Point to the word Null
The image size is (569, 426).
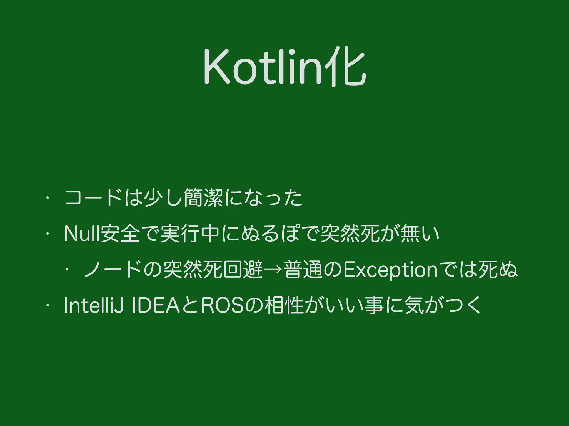pyautogui.click(x=82, y=234)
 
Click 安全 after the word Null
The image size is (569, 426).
pyautogui.click(x=120, y=234)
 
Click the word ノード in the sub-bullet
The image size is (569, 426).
pyautogui.click(x=113, y=269)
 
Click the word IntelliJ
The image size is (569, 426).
pyautogui.click(x=94, y=305)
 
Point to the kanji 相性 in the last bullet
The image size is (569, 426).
pyautogui.click(x=284, y=305)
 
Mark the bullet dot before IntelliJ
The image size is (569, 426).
pyautogui.click(x=48, y=305)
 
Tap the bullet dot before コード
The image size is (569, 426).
pyautogui.click(x=48, y=198)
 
